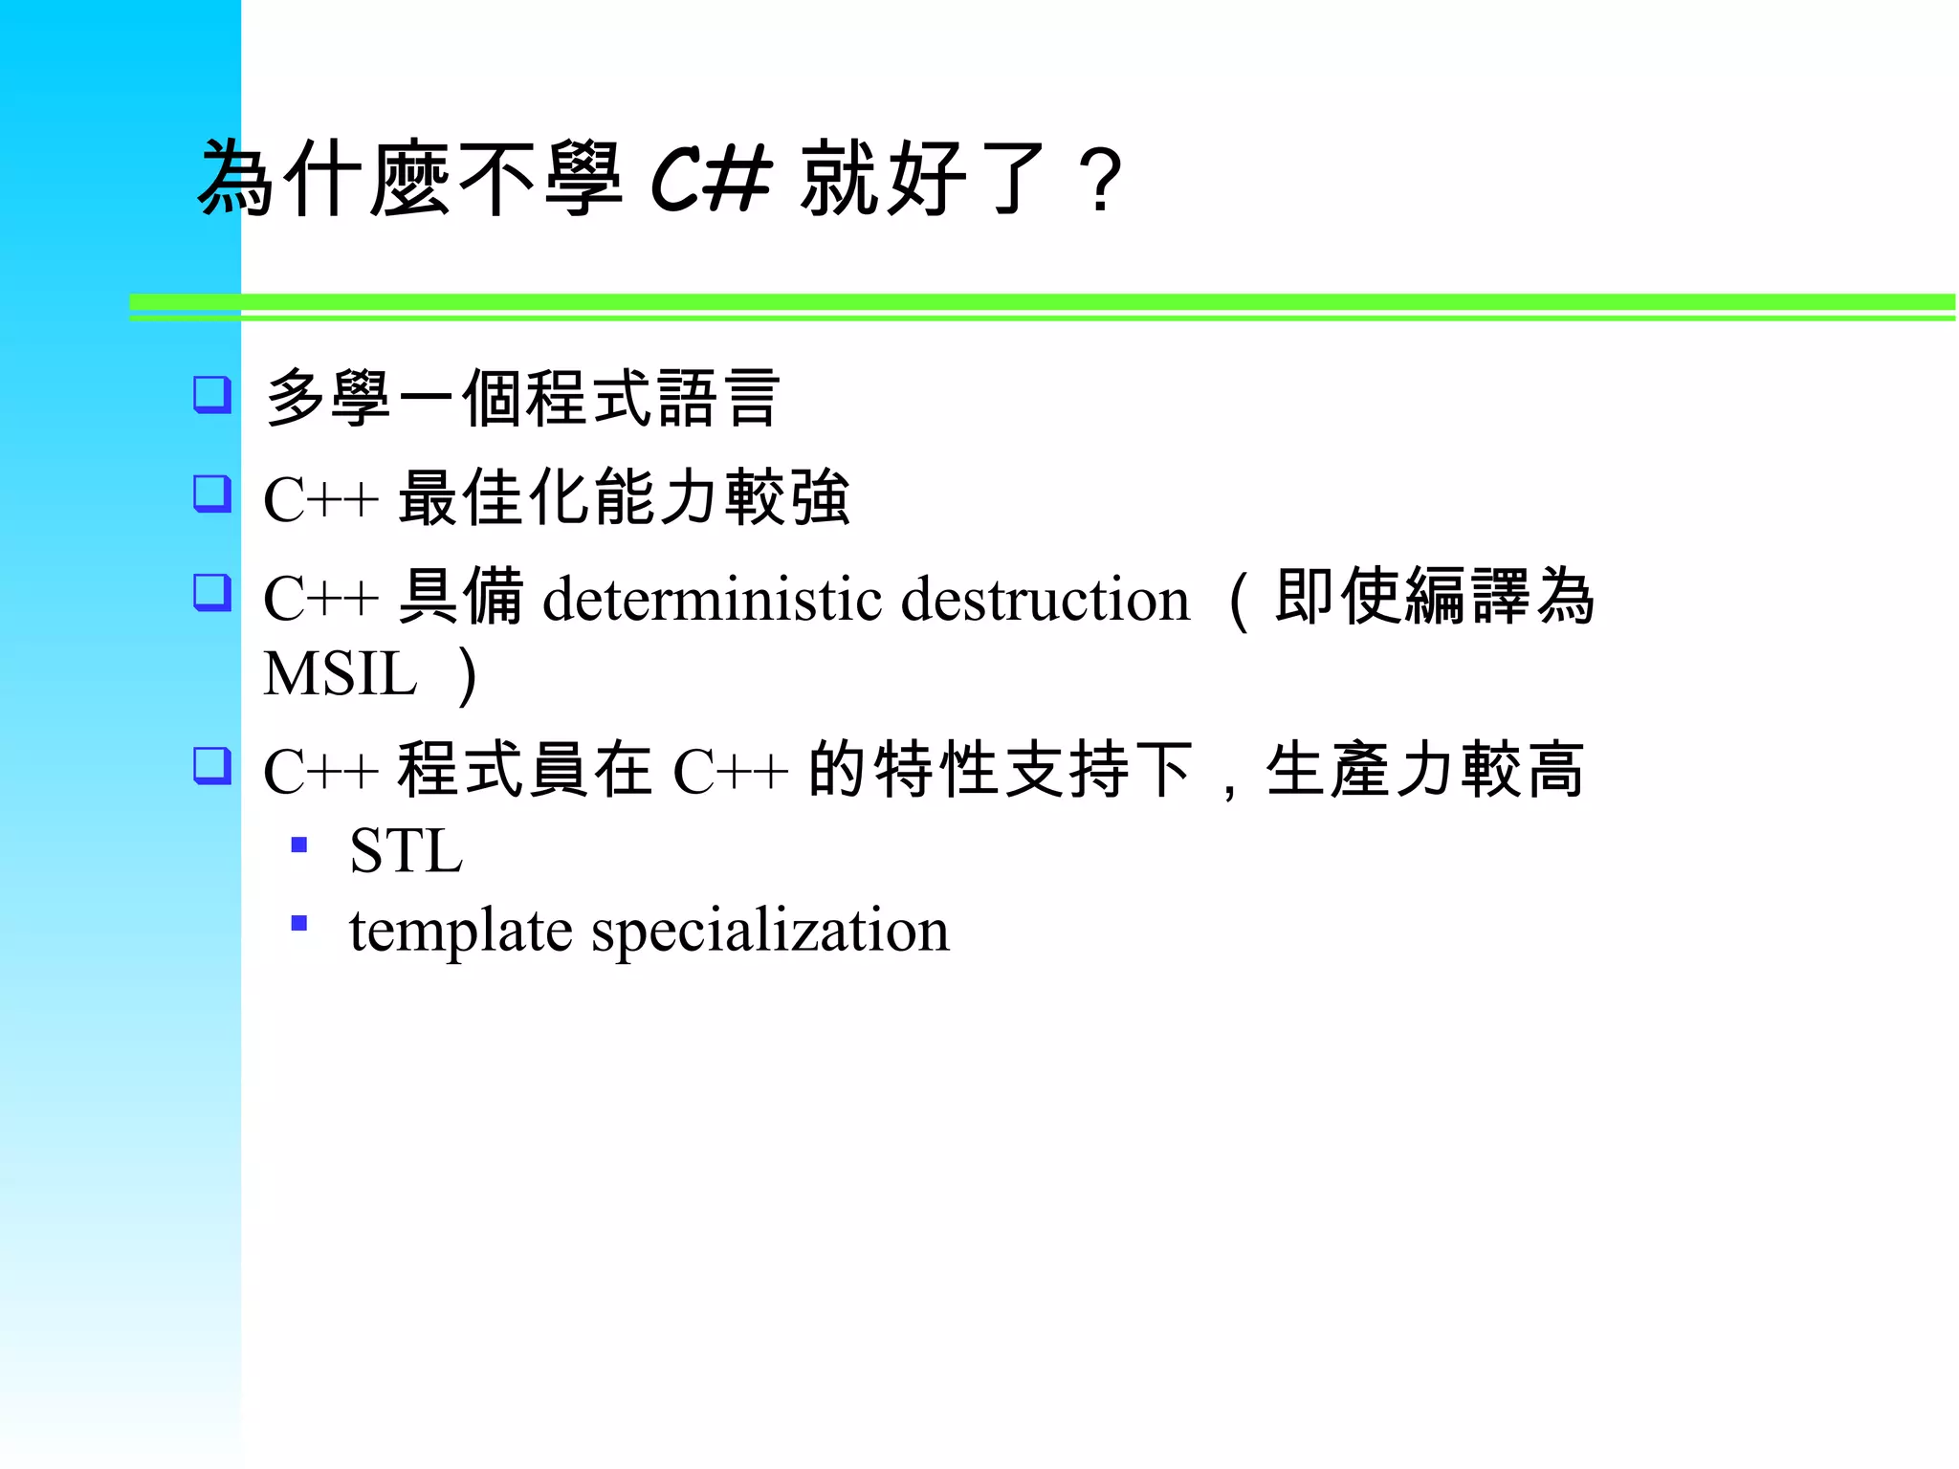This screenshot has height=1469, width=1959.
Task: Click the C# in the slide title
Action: point(711,179)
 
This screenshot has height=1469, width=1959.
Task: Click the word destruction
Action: point(1046,600)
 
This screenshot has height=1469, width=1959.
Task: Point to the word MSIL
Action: point(341,674)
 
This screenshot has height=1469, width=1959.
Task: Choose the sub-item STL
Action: point(407,850)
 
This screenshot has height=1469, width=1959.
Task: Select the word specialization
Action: point(771,930)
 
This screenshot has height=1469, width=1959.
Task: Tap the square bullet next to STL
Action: point(299,844)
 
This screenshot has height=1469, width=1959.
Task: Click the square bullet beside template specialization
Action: point(299,923)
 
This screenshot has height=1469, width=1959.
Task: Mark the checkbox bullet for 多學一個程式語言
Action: point(211,394)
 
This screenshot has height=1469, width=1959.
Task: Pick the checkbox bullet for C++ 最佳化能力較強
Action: point(211,493)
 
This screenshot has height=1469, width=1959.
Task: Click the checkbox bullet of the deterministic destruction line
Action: point(211,592)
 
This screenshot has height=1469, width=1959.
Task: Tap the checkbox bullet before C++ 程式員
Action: point(211,765)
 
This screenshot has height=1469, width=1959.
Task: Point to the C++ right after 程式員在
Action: point(731,772)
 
